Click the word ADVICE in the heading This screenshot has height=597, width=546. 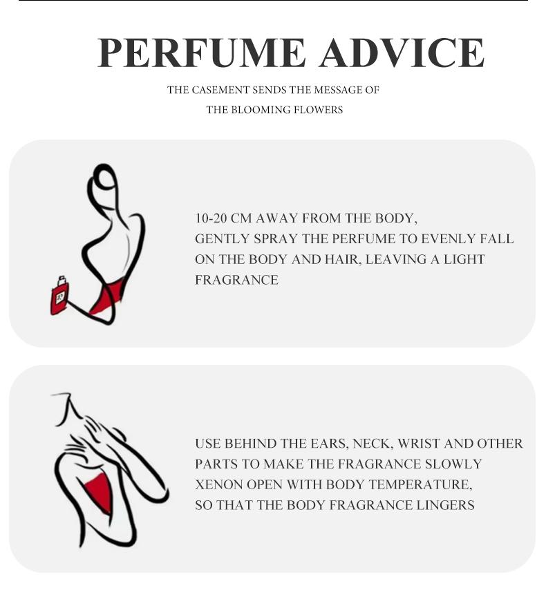[x=402, y=53]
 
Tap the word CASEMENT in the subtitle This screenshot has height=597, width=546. [x=219, y=90]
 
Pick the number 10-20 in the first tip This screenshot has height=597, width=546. [x=211, y=218]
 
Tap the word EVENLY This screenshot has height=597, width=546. [x=446, y=239]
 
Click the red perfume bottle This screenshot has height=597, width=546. [x=59, y=298]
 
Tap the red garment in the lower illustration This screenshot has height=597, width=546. [x=101, y=490]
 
